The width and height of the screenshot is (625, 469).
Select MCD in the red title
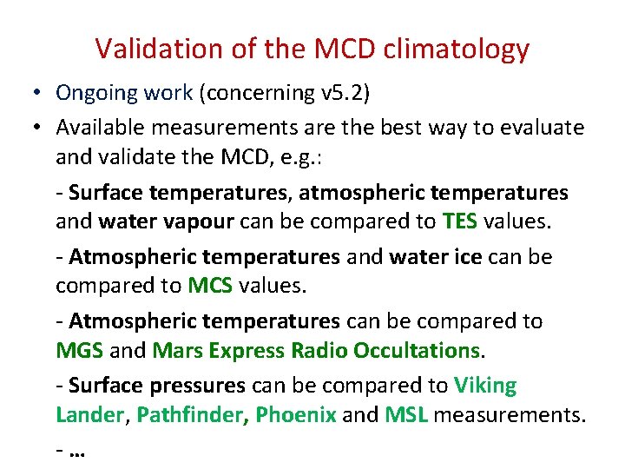[332, 50]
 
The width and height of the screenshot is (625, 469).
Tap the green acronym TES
[459, 221]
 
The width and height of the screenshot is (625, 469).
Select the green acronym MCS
[210, 285]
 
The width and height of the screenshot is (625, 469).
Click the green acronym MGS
[80, 350]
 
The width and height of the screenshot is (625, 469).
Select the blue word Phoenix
[296, 414]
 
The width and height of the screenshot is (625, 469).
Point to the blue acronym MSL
[406, 414]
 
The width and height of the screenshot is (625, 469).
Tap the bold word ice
[482, 257]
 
